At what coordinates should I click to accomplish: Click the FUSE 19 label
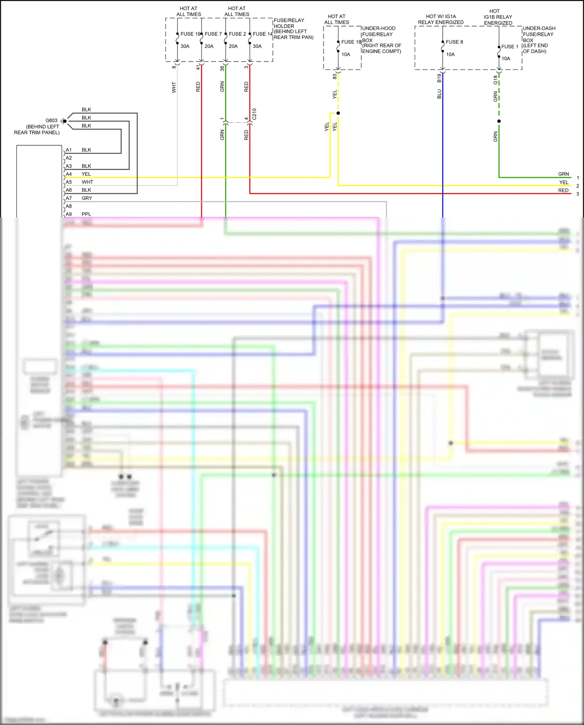190,34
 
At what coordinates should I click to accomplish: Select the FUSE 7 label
213,34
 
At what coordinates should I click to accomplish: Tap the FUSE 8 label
454,42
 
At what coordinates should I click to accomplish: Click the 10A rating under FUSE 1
505,58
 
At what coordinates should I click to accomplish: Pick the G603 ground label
51,120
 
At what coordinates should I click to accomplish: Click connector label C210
254,114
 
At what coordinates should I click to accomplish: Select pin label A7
69,198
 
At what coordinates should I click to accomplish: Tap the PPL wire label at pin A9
86,214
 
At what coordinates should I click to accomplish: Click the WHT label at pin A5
87,182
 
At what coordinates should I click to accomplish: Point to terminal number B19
439,78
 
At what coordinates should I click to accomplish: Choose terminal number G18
495,79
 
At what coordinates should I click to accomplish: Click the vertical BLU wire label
439,94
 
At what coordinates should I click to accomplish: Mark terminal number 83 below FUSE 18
334,76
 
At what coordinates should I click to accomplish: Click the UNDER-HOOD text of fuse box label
378,28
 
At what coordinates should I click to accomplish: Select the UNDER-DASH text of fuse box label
539,28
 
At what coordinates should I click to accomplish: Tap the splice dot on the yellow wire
338,113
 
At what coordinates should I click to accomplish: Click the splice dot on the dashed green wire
499,121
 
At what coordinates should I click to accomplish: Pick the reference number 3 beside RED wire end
577,194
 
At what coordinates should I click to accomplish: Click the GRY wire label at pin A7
87,198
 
